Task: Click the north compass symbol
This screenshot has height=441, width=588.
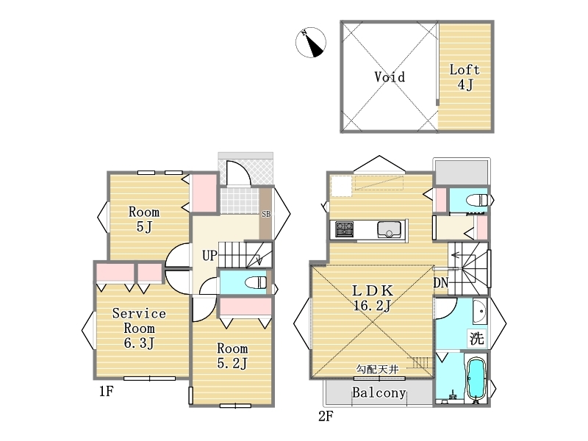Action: click(310, 43)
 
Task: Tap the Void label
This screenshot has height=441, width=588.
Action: click(390, 76)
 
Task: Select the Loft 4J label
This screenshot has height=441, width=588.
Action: click(465, 77)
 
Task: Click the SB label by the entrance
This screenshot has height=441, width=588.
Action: click(266, 214)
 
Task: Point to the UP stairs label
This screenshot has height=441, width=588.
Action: click(209, 255)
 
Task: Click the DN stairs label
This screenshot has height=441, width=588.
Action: click(441, 283)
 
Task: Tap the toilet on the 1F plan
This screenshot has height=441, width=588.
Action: click(256, 282)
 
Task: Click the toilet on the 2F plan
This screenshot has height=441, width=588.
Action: click(477, 200)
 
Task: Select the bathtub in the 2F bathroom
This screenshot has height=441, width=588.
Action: click(476, 379)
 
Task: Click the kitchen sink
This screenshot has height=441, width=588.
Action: click(389, 229)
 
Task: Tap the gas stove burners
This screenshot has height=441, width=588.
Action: click(344, 229)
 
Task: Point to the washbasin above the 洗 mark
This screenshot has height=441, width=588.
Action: click(479, 312)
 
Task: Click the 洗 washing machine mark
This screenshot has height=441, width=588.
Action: click(477, 338)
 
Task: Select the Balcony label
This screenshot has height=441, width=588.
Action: click(379, 392)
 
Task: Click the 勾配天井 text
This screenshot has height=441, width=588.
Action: click(377, 370)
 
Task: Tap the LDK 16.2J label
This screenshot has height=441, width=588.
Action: click(373, 298)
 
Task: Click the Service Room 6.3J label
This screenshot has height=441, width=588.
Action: click(139, 328)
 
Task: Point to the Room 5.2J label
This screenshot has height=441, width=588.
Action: click(232, 356)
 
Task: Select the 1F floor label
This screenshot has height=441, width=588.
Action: click(106, 391)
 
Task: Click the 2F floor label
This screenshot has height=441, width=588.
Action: click(326, 416)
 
